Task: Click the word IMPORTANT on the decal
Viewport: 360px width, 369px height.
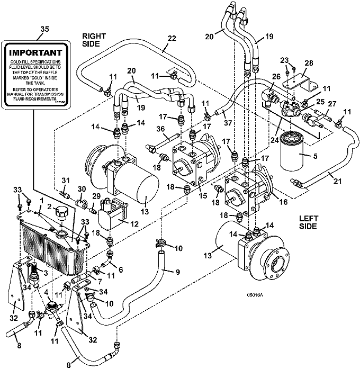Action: [35, 53]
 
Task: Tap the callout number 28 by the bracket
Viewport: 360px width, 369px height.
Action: [309, 64]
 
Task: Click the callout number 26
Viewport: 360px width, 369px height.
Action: [275, 76]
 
